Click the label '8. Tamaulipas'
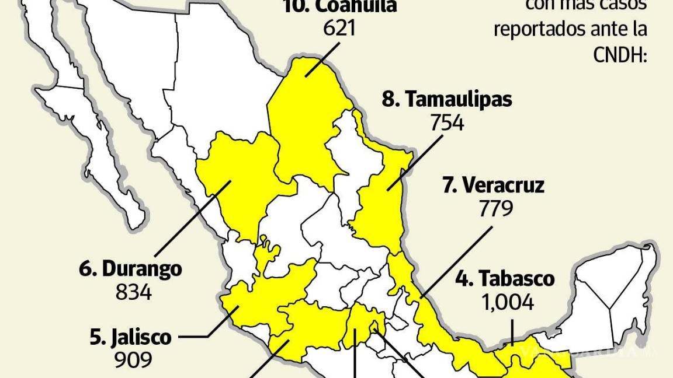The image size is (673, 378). (447, 100)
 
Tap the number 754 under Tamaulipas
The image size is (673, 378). (447, 123)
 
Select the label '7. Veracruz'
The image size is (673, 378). (493, 185)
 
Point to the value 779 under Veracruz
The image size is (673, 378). (496, 208)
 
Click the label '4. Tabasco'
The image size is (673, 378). (505, 278)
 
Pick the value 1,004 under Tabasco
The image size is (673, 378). (507, 302)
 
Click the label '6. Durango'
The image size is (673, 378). (130, 269)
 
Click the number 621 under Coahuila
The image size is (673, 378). (339, 27)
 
